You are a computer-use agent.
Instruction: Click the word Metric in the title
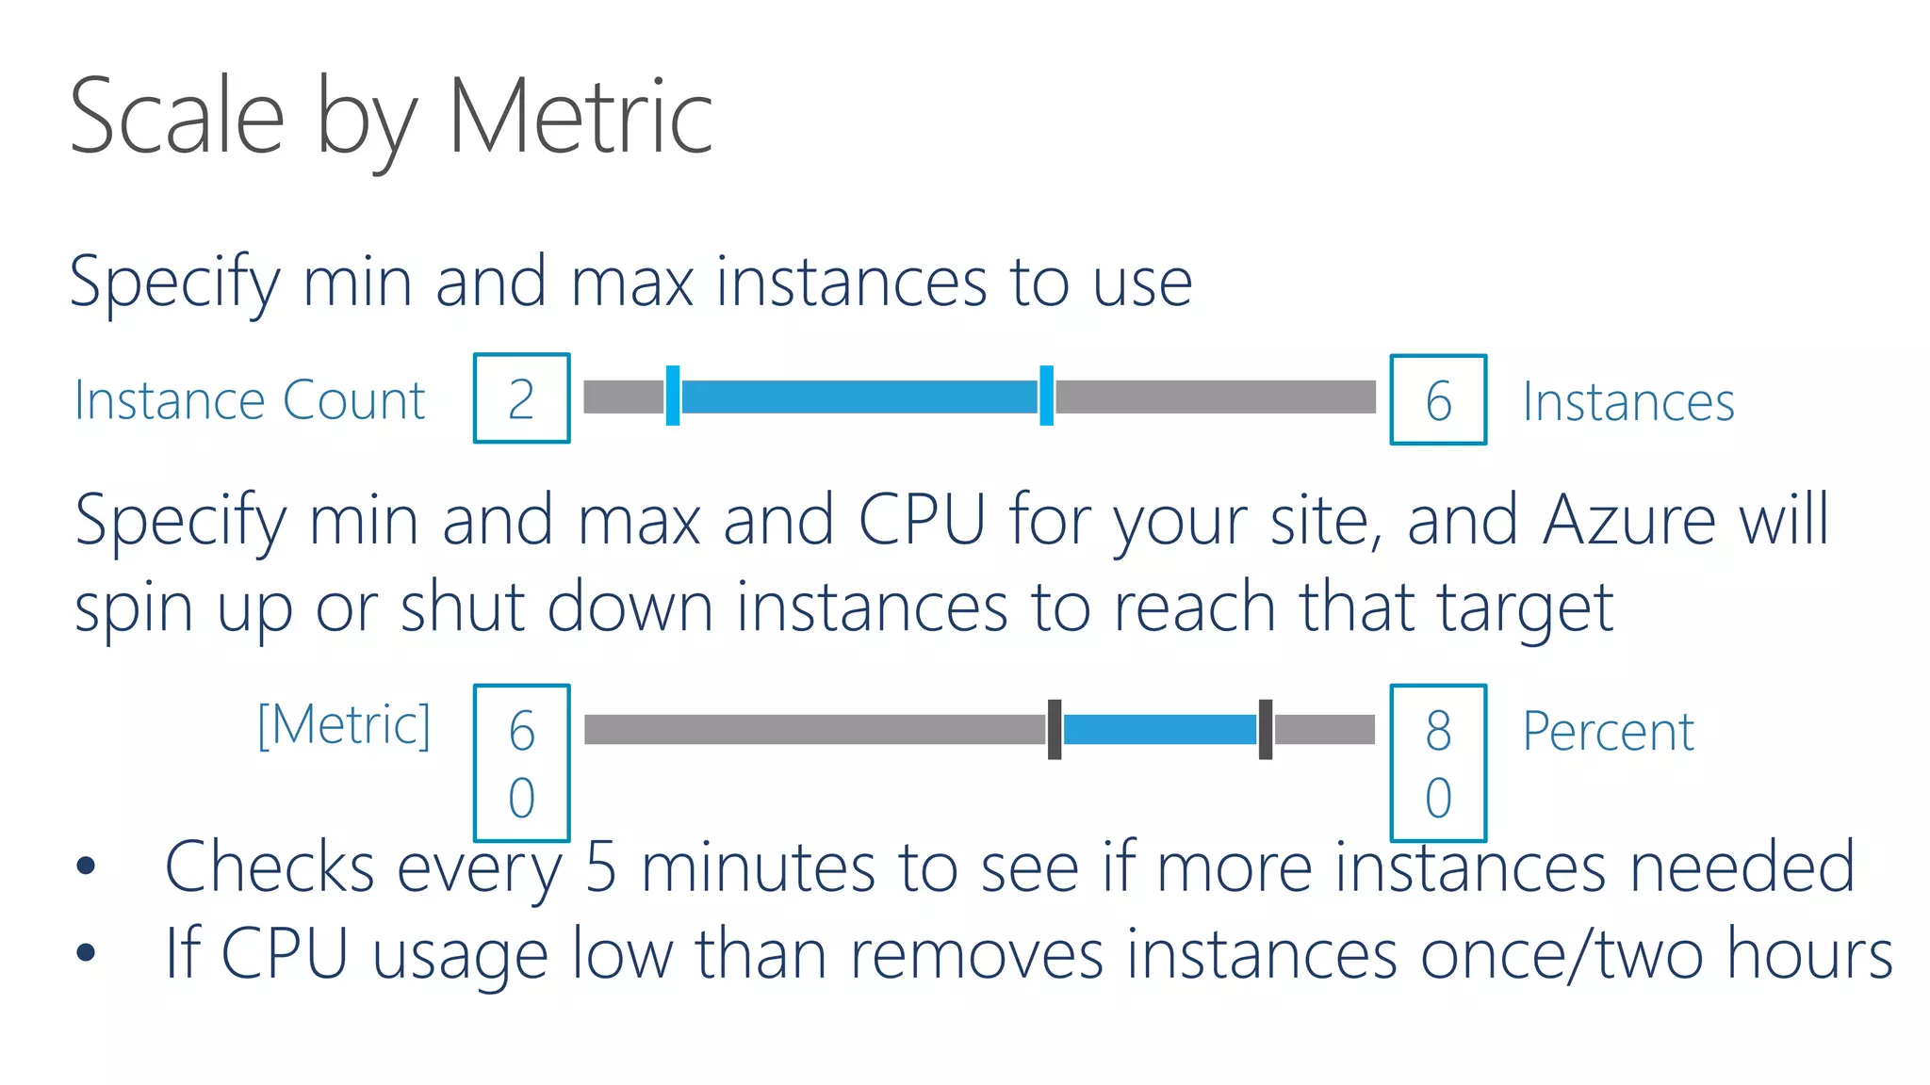click(580, 117)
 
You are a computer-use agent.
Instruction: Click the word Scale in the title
click(177, 117)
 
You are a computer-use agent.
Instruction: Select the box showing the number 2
click(521, 398)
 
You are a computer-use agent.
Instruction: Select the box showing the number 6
click(1438, 399)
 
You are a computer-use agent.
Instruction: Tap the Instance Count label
click(250, 400)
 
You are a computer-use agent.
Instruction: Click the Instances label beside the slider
click(1628, 402)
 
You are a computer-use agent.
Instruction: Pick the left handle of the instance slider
click(673, 397)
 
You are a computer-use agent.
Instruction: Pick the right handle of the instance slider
click(1046, 397)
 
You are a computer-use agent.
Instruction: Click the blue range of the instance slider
click(859, 397)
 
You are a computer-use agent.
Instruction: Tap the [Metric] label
click(344, 725)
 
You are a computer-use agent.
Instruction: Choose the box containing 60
click(521, 763)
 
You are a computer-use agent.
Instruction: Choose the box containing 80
click(1438, 763)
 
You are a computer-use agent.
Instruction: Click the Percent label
click(1609, 731)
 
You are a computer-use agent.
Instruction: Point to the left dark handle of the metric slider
click(1055, 729)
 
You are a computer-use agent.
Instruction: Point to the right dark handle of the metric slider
click(1266, 729)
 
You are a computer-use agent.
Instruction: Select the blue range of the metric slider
click(1160, 729)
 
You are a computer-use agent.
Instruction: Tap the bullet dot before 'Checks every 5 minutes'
click(86, 866)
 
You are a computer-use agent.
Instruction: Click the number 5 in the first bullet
click(601, 866)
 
